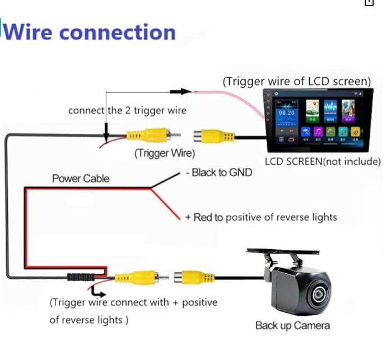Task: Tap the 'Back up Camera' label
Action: (x=292, y=325)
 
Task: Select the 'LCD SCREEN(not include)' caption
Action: (x=323, y=161)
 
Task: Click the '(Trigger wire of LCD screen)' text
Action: (x=297, y=81)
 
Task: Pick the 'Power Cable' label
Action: (x=81, y=179)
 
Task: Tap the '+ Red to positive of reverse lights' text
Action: (x=260, y=217)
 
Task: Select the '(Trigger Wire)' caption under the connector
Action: (x=164, y=152)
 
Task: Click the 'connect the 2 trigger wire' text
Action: (x=127, y=110)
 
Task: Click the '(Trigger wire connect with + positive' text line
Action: (x=133, y=303)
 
